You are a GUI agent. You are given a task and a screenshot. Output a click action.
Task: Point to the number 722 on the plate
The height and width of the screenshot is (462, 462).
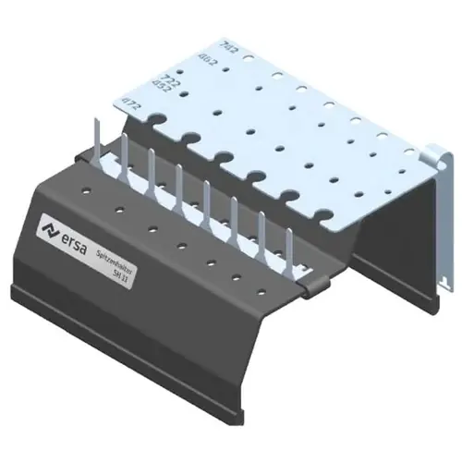click(x=169, y=81)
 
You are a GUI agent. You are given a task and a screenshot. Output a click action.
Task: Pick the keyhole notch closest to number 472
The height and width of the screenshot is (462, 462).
click(x=154, y=122)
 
